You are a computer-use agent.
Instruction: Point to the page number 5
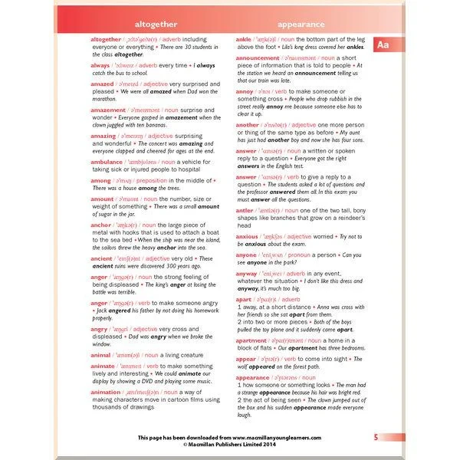tap(376, 437)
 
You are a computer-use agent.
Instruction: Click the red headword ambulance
tap(108, 163)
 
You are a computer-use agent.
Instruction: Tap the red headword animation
tap(106, 392)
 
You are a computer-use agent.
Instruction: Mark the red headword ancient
tap(103, 259)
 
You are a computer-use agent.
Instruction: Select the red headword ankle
tap(243, 39)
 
